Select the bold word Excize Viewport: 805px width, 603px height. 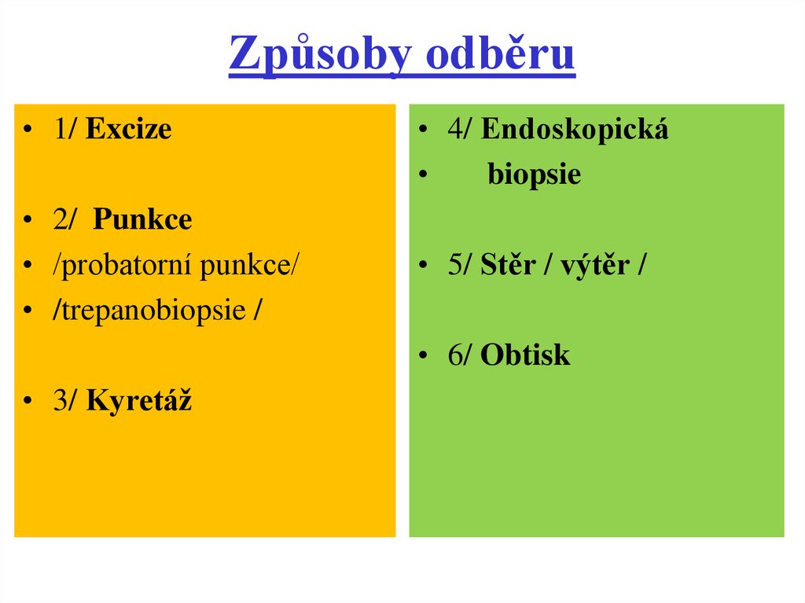(x=129, y=129)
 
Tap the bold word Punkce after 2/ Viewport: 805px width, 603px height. (x=142, y=219)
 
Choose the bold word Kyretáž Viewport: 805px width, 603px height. (x=139, y=401)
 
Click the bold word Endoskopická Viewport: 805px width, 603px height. (x=575, y=129)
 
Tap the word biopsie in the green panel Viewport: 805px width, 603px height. (x=534, y=174)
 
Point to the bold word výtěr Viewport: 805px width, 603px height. (x=597, y=265)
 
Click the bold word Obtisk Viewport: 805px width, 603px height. (x=525, y=355)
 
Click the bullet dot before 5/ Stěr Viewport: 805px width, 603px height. (x=423, y=267)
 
